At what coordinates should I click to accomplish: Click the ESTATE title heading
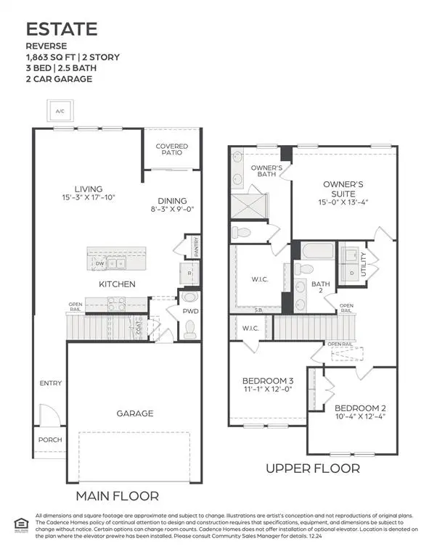pyautogui.click(x=62, y=30)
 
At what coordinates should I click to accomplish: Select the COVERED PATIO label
pyautogui.click(x=171, y=150)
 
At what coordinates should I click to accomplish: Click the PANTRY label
pyautogui.click(x=196, y=247)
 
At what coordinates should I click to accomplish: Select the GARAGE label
pyautogui.click(x=135, y=413)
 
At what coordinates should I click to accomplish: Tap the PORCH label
pyautogui.click(x=50, y=440)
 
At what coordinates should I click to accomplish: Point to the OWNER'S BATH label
pyautogui.click(x=261, y=171)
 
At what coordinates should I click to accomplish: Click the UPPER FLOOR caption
pyautogui.click(x=312, y=469)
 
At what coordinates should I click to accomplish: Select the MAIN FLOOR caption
pyautogui.click(x=118, y=496)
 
